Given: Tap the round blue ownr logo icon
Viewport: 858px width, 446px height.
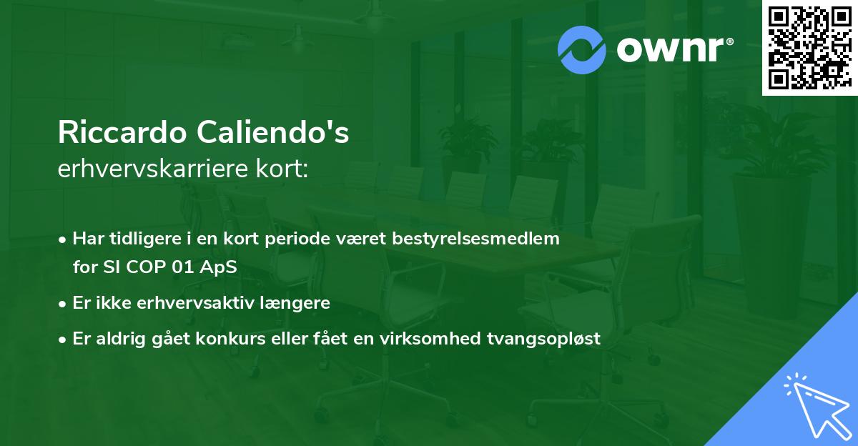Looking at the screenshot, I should tap(582, 49).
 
